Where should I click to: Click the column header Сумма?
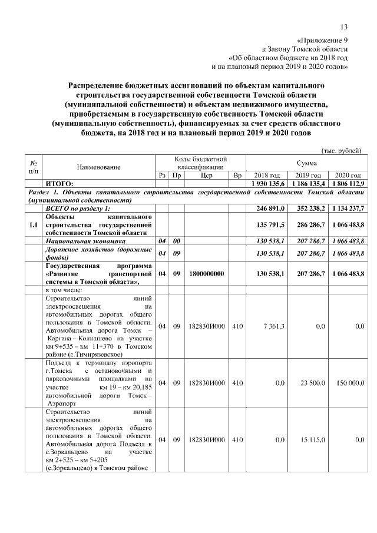(306, 163)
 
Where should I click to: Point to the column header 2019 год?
(307, 176)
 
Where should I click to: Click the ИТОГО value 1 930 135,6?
(269, 184)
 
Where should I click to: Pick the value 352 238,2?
(307, 208)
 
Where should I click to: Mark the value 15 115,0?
(310, 439)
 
